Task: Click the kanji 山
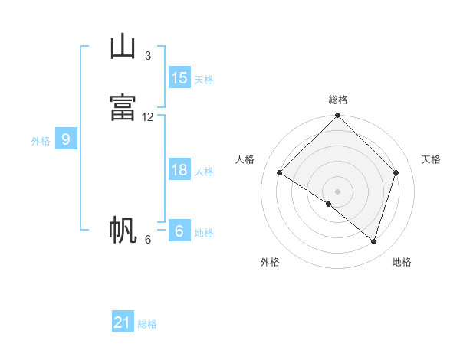click(x=123, y=46)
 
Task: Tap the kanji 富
click(x=123, y=107)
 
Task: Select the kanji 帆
click(x=123, y=230)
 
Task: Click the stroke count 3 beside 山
click(x=148, y=56)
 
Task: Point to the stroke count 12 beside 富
click(x=147, y=117)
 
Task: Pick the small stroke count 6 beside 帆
click(x=148, y=240)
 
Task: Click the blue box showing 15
click(x=179, y=77)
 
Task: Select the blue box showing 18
click(x=179, y=169)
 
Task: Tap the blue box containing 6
click(x=179, y=230)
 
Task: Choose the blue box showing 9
click(x=66, y=139)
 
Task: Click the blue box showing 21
click(x=123, y=321)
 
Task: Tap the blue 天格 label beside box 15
click(x=204, y=80)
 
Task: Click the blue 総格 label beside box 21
click(x=147, y=324)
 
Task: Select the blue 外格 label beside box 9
click(x=41, y=141)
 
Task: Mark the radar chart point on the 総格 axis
click(x=337, y=115)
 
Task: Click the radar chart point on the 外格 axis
click(x=329, y=204)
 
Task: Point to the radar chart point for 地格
click(x=373, y=242)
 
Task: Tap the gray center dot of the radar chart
click(x=337, y=191)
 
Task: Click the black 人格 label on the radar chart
click(x=245, y=159)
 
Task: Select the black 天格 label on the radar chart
click(x=431, y=159)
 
